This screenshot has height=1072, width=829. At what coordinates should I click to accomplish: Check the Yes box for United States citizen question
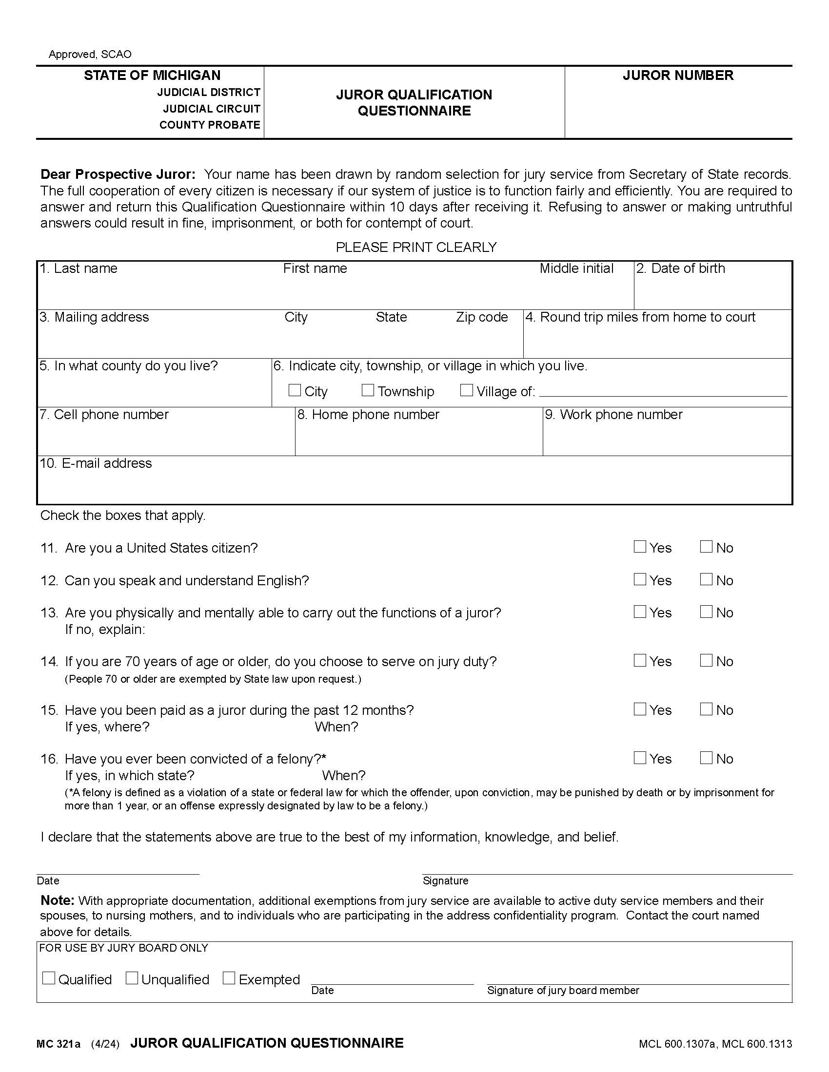coord(639,547)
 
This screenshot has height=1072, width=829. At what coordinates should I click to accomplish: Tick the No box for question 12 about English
coord(706,579)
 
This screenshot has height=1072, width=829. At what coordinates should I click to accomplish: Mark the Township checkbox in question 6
coord(367,390)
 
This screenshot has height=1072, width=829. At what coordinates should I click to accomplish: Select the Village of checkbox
coord(466,390)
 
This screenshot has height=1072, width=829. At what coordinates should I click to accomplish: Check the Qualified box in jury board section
coord(49,978)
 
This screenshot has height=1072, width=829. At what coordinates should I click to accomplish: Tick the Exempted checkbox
coord(229,978)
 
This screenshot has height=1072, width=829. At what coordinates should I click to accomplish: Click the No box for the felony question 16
coord(706,758)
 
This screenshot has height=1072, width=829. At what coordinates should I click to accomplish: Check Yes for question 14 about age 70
coord(639,660)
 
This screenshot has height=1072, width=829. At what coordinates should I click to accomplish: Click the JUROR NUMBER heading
coord(678,75)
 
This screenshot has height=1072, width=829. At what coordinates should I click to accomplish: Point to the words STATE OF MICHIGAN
coord(152,75)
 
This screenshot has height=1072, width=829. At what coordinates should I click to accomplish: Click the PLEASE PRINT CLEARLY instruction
coord(416,247)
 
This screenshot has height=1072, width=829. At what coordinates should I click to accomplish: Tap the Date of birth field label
coord(688,268)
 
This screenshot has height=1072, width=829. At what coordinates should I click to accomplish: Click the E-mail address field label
coord(96,463)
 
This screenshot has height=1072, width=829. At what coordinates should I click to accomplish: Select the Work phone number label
coord(613,415)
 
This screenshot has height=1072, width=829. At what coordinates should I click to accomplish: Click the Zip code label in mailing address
coord(481,317)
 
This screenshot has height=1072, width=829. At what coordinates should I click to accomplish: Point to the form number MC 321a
coord(58,1044)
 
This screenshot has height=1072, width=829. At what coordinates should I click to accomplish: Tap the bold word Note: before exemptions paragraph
coord(57,900)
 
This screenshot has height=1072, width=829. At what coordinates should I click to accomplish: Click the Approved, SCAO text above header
coord(90,54)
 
